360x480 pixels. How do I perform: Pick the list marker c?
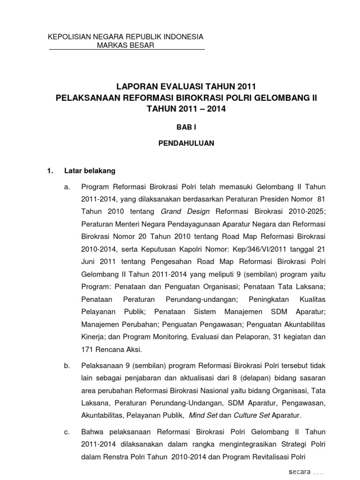[x=67, y=431]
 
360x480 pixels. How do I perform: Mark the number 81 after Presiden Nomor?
[x=321, y=199]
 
